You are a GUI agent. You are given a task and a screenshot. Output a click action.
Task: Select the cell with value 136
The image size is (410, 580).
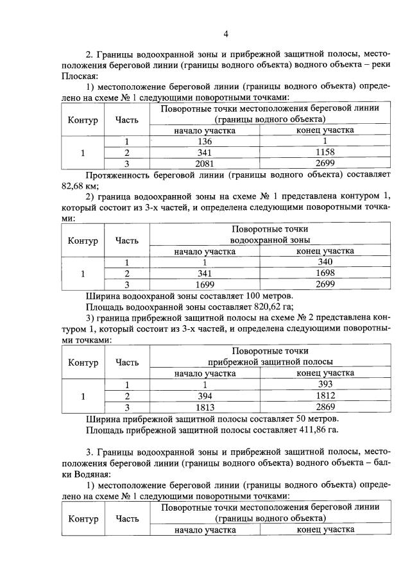coord(205,142)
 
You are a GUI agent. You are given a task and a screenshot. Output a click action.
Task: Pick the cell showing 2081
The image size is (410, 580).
coord(205,164)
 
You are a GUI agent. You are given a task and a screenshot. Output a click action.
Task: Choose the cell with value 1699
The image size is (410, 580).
coord(205,284)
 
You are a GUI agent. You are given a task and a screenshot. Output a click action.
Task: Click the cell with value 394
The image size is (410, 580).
coord(205,395)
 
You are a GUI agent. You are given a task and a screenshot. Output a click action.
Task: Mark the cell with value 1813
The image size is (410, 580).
coord(205,406)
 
